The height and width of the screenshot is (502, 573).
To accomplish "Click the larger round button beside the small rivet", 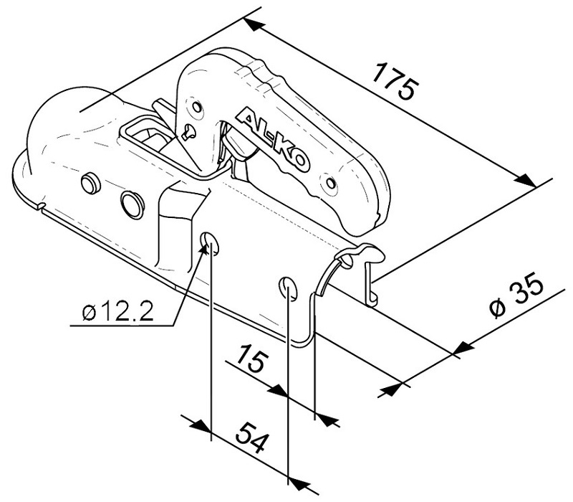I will click(x=131, y=202).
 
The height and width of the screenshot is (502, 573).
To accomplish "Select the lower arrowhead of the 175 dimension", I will click(x=528, y=183).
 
